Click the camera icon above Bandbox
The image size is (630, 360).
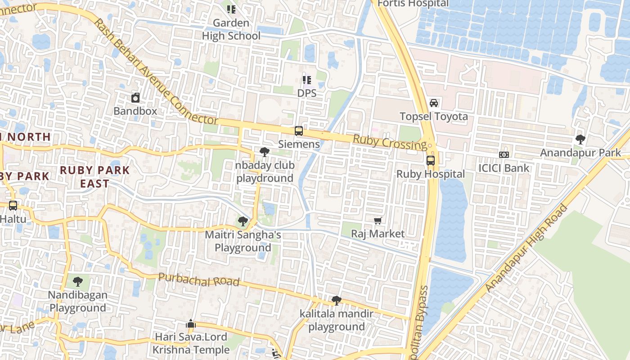pos(135,98)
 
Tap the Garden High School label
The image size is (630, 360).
pos(231,29)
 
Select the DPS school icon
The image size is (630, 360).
pos(307,80)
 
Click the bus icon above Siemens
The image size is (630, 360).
pos(298,131)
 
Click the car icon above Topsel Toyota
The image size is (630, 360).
pos(434,103)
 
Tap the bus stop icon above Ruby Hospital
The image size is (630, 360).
pos(431,161)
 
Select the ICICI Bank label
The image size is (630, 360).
pos(504,168)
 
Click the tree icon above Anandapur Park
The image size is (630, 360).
pos(580,139)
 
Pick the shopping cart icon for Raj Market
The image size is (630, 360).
pos(378,220)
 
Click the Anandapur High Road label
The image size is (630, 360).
pos(526,248)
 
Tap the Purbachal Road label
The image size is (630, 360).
pos(198,279)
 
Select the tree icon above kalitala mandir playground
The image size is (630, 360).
pos(336,300)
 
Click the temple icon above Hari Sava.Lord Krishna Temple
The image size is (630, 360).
pos(191,324)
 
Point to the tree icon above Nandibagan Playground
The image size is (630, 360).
pos(78,282)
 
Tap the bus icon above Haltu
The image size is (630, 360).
pos(13,206)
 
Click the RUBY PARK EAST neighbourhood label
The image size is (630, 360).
pos(95,177)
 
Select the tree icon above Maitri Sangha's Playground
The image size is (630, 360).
pos(243,221)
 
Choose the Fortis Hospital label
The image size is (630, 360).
pos(413,4)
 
